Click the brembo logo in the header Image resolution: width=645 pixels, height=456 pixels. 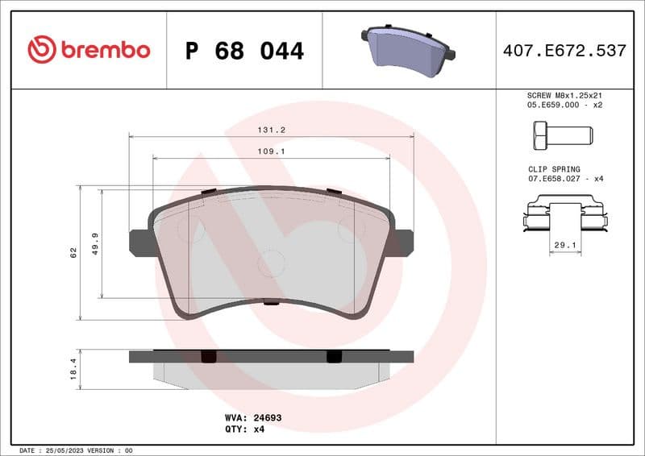89,50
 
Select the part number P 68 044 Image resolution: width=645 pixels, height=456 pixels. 244,51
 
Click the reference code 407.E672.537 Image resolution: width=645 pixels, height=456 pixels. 564,51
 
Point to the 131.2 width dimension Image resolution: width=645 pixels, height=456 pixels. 271,129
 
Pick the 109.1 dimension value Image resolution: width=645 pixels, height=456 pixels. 271,151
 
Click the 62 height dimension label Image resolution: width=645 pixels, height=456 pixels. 73,252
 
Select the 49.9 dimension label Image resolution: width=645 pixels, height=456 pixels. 95,243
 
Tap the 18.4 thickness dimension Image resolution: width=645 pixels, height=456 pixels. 73,369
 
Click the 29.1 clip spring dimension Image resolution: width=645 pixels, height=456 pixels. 565,243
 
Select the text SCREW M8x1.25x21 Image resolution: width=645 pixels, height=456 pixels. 564,94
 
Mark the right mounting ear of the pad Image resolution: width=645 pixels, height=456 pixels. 402,243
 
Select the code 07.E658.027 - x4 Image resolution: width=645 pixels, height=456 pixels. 564,179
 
